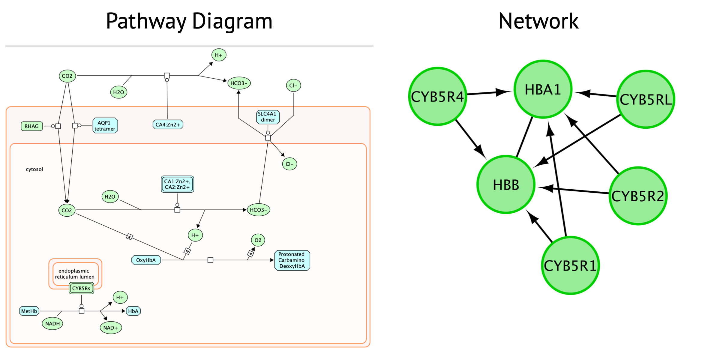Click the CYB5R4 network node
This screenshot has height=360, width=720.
438,96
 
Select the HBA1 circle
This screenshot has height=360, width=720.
543,89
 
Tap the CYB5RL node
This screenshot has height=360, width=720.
646,99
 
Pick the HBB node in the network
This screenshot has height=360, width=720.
506,184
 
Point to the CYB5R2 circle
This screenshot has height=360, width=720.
638,196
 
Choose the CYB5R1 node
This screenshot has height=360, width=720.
570,265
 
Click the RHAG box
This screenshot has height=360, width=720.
32,126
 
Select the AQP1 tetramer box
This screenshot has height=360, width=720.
105,126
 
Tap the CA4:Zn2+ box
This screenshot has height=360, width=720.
168,124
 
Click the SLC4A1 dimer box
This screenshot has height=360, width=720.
268,117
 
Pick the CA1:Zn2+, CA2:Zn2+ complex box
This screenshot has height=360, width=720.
177,184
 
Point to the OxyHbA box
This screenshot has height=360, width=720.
146,260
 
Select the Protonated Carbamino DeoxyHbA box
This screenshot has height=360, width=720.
292,260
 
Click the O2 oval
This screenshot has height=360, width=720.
258,240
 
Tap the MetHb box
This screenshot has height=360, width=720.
29,311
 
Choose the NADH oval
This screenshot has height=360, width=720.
52,324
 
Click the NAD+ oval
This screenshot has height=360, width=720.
111,328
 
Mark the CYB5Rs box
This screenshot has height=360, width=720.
81,288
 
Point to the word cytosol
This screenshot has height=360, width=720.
34,169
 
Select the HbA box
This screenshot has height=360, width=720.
133,311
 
